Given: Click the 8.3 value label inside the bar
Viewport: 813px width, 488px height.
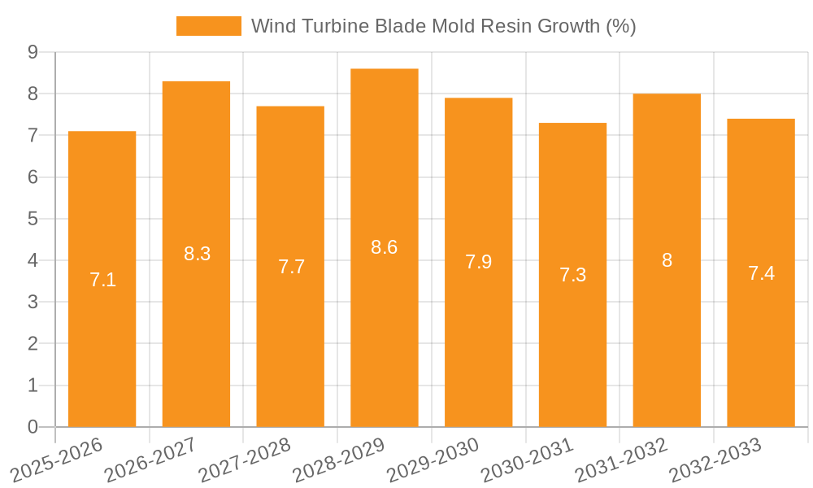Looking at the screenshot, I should [197, 254].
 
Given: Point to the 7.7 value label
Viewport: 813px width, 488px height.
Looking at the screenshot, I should [291, 267].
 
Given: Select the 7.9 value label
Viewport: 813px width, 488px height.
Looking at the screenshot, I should [478, 262].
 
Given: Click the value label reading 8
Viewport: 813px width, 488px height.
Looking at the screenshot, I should [667, 260].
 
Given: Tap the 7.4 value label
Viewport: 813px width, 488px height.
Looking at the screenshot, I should [761, 273].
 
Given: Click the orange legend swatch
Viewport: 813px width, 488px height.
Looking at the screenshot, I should [209, 26].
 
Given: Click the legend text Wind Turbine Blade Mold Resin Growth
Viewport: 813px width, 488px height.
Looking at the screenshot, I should [443, 26].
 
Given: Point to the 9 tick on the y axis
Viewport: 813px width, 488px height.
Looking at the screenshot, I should [33, 52].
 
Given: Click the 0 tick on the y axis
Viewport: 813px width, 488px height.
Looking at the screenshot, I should [33, 427].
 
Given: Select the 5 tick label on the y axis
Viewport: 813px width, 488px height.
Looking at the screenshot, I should [33, 219].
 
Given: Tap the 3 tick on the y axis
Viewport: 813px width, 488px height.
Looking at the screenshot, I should [33, 302].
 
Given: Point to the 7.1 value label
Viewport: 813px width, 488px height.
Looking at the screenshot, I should [102, 280].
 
